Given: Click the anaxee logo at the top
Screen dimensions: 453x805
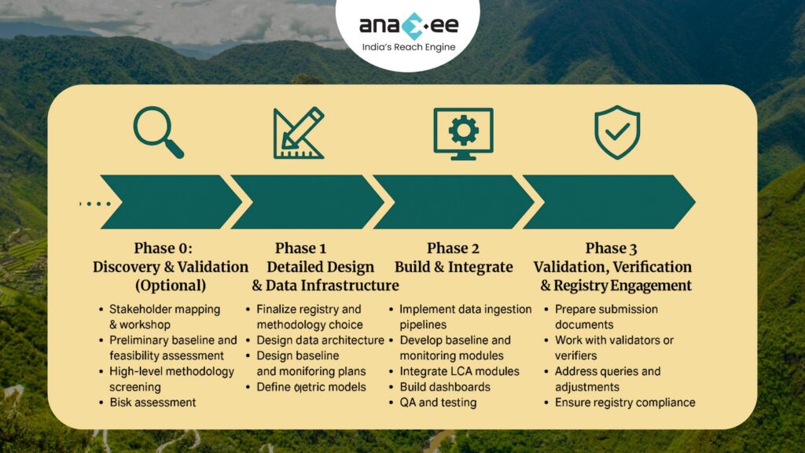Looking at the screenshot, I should [408, 25].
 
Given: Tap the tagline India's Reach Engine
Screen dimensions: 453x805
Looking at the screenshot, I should [408, 48].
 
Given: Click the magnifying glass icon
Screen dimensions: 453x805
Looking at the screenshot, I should [158, 132].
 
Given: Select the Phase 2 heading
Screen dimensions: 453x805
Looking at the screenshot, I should [453, 249].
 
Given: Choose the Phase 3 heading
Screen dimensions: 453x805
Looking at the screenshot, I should [612, 249].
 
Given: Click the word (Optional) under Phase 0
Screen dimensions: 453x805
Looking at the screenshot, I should [171, 285].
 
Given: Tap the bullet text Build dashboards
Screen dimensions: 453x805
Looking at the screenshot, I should [445, 387].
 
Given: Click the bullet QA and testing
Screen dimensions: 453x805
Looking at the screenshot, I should [438, 403].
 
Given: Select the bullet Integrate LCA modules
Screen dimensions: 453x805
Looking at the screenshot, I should [459, 371].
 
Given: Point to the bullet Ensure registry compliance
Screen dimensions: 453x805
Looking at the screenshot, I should [625, 403].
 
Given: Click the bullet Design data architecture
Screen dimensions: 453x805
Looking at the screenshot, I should [320, 341].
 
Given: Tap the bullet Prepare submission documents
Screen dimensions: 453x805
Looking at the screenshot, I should [606, 317].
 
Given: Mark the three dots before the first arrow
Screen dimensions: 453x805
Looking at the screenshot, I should [95, 203].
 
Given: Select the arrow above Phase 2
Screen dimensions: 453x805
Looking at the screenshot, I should [453, 202].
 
